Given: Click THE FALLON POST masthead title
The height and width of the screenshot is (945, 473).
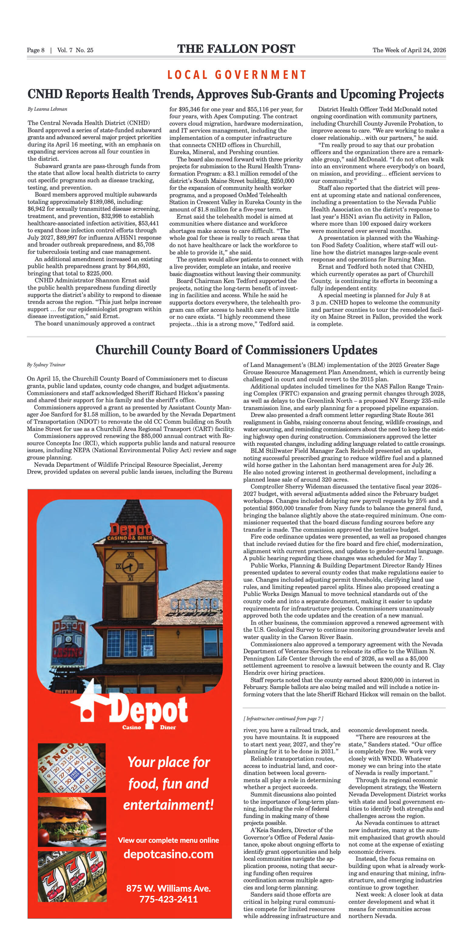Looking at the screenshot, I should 236,49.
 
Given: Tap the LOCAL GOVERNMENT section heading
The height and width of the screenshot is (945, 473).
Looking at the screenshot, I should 237,75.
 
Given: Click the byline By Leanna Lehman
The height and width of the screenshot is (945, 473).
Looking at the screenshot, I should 47,109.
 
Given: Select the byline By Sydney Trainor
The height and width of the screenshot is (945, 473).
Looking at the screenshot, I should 46,365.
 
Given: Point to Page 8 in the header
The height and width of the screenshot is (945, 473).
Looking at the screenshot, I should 36,50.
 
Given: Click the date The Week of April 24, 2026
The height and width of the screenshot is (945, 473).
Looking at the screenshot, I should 409,50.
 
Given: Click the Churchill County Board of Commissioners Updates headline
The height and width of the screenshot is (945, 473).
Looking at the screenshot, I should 236,350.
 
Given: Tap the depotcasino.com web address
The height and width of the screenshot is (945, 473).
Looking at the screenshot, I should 168,854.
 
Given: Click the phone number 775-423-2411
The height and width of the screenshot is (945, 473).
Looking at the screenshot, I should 168,899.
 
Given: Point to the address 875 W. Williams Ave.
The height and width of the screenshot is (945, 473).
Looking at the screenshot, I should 168,888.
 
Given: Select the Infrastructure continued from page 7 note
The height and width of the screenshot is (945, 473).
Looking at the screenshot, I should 283,719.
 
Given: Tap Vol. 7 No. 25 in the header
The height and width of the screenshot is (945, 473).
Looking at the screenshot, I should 75,50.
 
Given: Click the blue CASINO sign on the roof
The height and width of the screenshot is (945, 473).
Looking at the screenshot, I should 195,604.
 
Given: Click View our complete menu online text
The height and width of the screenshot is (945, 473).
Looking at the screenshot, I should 168,840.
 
